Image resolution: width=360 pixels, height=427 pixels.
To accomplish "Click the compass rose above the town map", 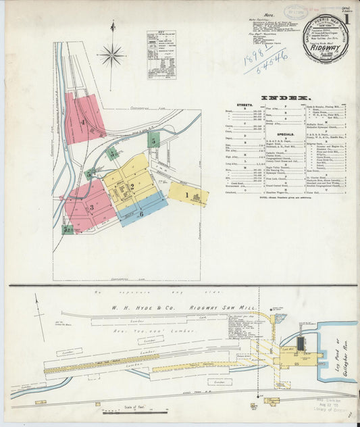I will click(x=112, y=53).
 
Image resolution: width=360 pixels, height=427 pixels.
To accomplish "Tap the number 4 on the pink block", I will click(x=83, y=122).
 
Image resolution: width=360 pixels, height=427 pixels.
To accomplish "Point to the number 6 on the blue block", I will click(x=141, y=214).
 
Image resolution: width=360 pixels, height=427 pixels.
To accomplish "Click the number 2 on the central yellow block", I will click(x=132, y=187).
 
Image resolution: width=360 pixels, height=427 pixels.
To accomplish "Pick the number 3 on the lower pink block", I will click(x=91, y=207).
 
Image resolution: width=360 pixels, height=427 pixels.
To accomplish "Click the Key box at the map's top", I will click(x=161, y=55).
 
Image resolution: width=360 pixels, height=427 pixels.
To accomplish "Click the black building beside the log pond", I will click(x=301, y=343).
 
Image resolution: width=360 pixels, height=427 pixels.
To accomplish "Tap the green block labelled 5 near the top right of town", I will click(x=154, y=141).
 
